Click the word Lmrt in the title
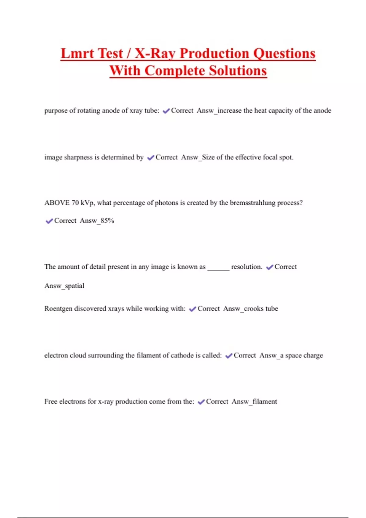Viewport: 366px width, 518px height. click(x=77, y=54)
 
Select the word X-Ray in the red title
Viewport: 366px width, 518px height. click(x=155, y=54)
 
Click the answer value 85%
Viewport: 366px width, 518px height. click(x=107, y=221)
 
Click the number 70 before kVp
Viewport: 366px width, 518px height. click(x=75, y=203)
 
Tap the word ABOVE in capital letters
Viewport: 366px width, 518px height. click(x=57, y=203)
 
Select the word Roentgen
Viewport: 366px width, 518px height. click(x=58, y=309)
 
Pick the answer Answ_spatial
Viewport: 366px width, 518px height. click(x=64, y=286)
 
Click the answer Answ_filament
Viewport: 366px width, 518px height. click(x=254, y=402)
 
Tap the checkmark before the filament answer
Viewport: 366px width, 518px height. click(x=201, y=402)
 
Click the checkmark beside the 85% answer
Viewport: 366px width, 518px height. click(x=49, y=221)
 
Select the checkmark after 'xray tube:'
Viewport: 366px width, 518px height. click(x=166, y=111)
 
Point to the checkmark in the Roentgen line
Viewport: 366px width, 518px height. click(x=192, y=309)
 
